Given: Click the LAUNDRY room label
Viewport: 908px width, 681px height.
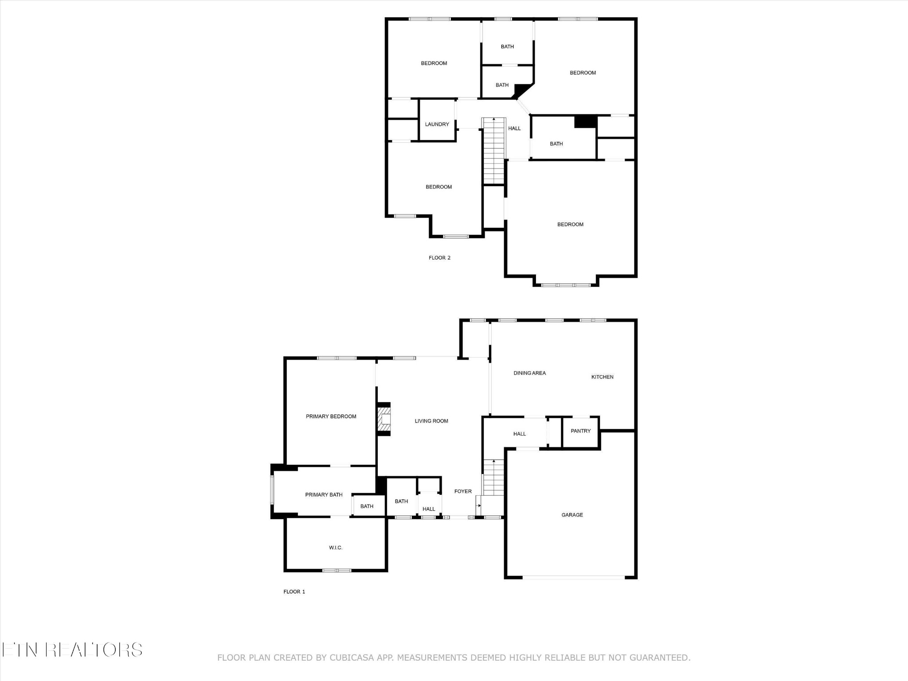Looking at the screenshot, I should [x=437, y=124].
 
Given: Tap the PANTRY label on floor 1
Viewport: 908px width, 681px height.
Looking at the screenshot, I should [x=580, y=431].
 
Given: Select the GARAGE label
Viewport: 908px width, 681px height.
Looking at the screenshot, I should [x=572, y=515].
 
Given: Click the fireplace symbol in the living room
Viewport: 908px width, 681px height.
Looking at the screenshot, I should [x=384, y=419].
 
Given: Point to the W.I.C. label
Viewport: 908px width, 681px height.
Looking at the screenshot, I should [x=336, y=548].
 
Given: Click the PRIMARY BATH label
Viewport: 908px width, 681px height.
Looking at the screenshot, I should [x=324, y=495].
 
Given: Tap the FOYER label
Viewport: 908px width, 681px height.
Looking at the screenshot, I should [x=463, y=491].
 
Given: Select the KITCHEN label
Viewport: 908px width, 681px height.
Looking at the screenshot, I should [x=602, y=377].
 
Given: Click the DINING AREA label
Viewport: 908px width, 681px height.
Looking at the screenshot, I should [x=529, y=373].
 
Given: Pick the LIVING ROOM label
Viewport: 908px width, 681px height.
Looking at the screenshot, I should [x=431, y=421].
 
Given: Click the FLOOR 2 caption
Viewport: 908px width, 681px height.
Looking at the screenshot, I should [x=439, y=258].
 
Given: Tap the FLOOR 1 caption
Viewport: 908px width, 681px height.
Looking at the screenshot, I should [x=294, y=591].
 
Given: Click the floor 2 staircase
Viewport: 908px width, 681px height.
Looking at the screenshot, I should [x=493, y=151].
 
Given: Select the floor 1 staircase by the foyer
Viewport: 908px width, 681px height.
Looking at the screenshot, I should [x=493, y=478].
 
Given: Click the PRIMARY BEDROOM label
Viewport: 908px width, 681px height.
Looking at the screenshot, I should [x=331, y=416].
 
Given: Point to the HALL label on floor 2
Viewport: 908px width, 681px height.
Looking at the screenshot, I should [x=514, y=129].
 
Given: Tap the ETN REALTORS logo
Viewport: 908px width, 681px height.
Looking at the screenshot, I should [x=72, y=650].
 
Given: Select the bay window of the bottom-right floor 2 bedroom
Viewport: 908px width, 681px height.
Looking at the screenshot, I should [x=566, y=285].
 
